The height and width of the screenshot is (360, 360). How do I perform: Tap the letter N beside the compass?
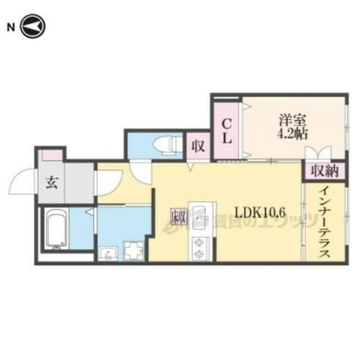[x=11, y=27]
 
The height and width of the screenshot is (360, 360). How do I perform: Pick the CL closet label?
[x=226, y=131]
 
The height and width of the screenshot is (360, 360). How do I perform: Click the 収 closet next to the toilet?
[x=197, y=146]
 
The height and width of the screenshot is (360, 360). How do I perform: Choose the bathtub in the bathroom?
[x=56, y=230]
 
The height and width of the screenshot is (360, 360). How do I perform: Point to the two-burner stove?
[x=199, y=247]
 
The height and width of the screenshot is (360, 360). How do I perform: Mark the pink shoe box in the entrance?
[x=51, y=155]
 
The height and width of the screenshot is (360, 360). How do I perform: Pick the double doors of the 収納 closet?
[x=318, y=153]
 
